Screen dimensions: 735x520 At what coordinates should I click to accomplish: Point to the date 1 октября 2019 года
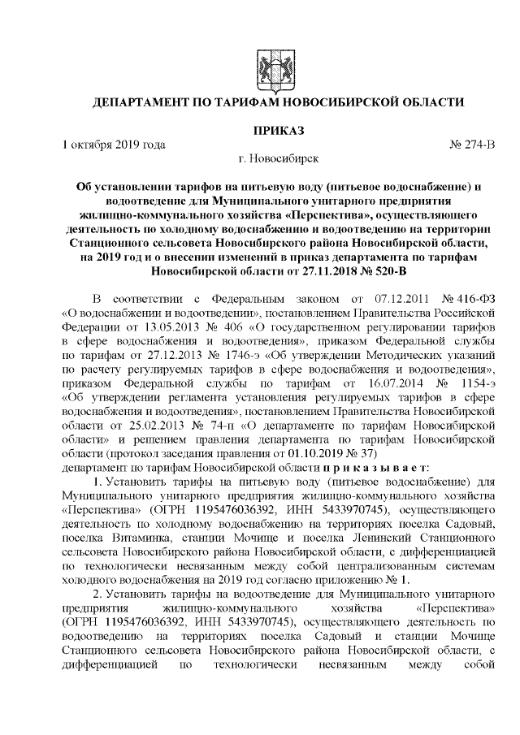[x=115, y=145]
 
